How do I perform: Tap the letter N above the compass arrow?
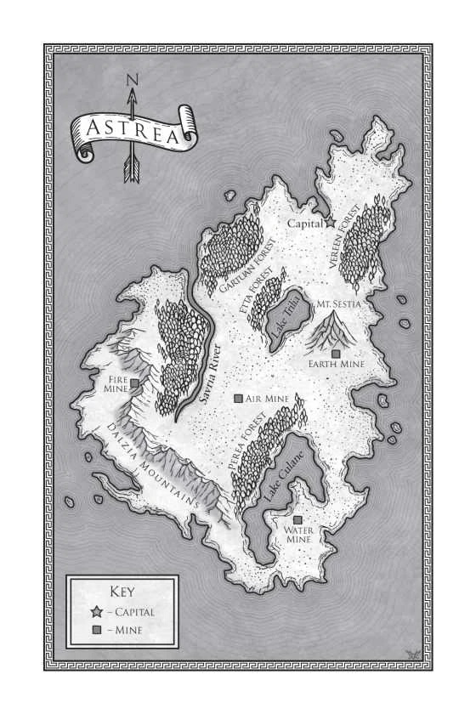click(x=131, y=81)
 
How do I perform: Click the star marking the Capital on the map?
click(x=331, y=223)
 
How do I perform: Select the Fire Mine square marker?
click(x=134, y=385)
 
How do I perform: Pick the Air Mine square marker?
click(x=238, y=398)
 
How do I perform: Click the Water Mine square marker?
click(x=297, y=520)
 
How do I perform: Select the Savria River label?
click(x=208, y=374)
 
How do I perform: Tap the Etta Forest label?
click(x=256, y=297)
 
